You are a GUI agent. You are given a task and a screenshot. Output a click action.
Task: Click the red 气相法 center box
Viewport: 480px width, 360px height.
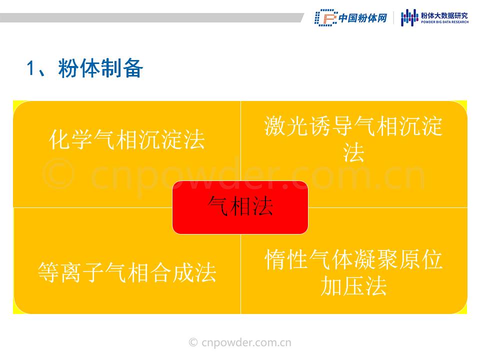coord(240,207)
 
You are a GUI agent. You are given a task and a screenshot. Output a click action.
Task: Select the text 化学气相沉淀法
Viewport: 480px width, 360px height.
coord(126,139)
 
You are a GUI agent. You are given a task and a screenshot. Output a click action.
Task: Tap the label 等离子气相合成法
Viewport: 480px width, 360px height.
coord(127,272)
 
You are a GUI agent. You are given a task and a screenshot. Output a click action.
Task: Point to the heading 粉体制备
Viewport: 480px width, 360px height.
coord(100,68)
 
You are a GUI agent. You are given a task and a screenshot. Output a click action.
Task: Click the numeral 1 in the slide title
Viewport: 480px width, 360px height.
coord(30,68)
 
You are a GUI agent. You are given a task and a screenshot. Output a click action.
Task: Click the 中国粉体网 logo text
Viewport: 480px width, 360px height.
coord(363,18)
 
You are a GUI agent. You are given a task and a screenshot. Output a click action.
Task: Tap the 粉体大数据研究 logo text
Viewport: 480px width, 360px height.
coord(444,15)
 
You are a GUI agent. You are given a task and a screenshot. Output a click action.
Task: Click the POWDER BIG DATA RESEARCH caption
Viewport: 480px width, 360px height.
coord(444,22)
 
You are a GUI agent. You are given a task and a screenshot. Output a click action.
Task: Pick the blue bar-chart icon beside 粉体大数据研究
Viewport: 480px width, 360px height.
coord(409,17)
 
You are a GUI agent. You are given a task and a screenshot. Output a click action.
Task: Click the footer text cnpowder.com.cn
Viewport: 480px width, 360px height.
coord(246,342)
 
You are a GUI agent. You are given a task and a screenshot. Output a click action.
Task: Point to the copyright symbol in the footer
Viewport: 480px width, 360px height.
coord(193,342)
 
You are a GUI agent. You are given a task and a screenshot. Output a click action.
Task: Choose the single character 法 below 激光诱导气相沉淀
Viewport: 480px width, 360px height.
coord(353,152)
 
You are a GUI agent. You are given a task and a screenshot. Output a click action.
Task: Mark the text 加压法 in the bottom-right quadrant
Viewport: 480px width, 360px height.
coord(353,286)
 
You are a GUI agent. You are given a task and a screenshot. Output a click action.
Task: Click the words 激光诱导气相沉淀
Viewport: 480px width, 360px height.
coord(353,126)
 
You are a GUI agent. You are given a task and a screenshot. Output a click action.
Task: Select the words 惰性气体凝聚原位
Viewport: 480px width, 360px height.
coord(353,259)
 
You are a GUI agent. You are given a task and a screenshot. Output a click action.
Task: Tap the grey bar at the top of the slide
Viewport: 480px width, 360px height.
coord(151,18)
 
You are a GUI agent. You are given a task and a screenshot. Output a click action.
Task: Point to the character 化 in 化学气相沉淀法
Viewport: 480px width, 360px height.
coord(59,139)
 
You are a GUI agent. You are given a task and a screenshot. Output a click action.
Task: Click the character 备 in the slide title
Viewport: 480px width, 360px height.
coord(133,68)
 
